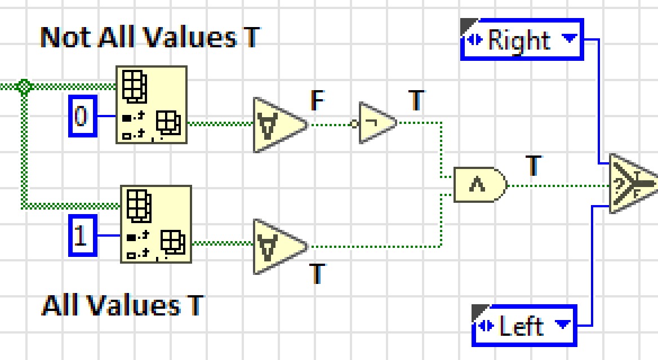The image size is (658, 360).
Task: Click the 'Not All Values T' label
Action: pyautogui.click(x=149, y=38)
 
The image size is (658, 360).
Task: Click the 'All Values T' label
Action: pyautogui.click(x=121, y=306)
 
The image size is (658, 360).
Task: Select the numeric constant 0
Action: pyautogui.click(x=82, y=116)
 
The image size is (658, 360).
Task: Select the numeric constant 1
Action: pyautogui.click(x=82, y=235)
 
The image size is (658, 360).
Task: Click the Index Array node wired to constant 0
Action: pyautogui.click(x=152, y=105)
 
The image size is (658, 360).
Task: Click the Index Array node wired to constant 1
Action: pyautogui.click(x=156, y=224)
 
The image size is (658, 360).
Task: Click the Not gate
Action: pyautogui.click(x=376, y=123)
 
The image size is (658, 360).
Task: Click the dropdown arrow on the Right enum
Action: pyautogui.click(x=570, y=38)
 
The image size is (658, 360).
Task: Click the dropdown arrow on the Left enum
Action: pyautogui.click(x=562, y=325)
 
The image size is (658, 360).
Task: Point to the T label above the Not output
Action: pyautogui.click(x=416, y=100)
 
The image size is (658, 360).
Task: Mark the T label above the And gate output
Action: pyautogui.click(x=533, y=166)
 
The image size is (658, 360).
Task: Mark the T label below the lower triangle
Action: pyautogui.click(x=318, y=274)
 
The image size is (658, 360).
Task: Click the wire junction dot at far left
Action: pyautogui.click(x=23, y=87)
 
